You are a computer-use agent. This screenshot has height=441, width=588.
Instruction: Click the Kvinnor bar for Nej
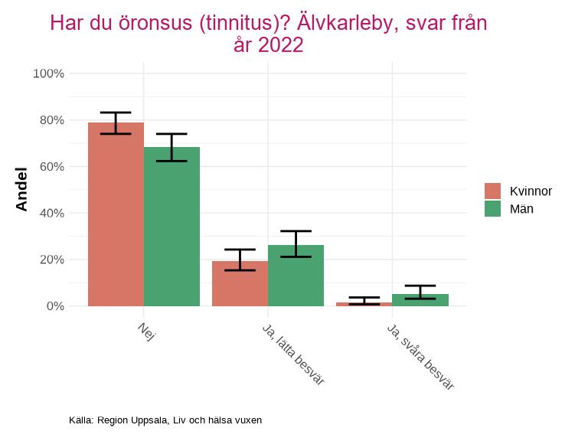coord(116,214)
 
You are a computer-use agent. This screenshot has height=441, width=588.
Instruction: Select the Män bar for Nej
coord(171,227)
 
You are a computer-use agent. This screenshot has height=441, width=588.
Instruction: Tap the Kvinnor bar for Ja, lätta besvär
coord(240,283)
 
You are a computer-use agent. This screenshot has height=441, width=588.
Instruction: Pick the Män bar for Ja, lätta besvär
coord(296,276)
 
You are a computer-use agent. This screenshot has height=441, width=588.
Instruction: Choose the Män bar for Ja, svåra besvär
coord(420,300)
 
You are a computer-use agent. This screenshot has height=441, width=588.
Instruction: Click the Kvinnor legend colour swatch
coord(493,191)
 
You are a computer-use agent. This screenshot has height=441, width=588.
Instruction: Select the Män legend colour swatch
coord(493,208)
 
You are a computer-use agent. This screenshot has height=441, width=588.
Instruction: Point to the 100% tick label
coord(48,73)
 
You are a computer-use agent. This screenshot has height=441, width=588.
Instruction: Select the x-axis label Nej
coord(146,332)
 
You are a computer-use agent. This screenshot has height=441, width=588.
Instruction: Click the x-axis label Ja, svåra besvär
coord(420,356)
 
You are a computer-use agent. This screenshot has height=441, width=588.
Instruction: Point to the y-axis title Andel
coord(21,189)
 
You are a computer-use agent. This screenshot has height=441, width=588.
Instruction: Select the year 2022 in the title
coord(281,45)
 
